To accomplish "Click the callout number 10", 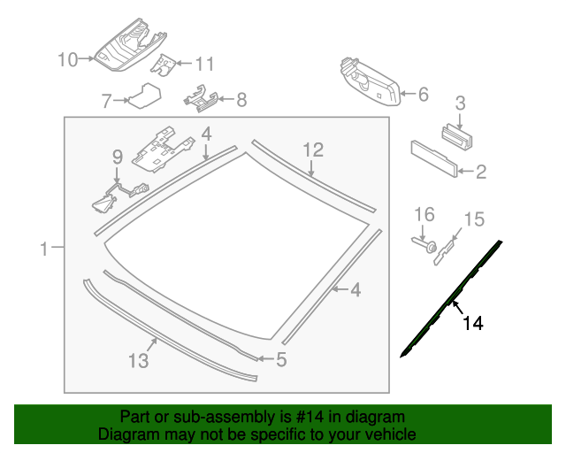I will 68,59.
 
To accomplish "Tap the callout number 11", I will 204,64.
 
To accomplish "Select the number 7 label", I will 106,101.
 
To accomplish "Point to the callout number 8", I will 241,100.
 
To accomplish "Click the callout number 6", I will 422,94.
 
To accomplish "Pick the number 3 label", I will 460,103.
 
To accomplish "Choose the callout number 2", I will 480,172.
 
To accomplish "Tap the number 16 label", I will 425,215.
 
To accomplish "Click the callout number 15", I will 474,219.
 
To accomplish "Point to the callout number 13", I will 139,360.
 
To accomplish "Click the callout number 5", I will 281,359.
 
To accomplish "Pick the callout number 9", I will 116,157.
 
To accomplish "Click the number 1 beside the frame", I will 45,250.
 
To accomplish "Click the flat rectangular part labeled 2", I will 433,157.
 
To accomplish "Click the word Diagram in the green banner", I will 126,434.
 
